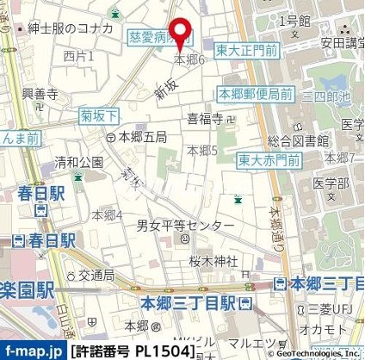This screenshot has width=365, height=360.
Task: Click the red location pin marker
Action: click(x=181, y=32)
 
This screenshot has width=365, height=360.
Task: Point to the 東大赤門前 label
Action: click(x=269, y=160)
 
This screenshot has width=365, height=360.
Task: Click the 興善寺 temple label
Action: click(x=40, y=92)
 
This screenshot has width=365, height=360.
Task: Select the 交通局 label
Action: click(x=96, y=276)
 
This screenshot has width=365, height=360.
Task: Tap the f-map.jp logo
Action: click(x=31, y=350)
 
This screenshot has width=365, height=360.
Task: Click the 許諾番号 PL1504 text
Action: click(x=131, y=351)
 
